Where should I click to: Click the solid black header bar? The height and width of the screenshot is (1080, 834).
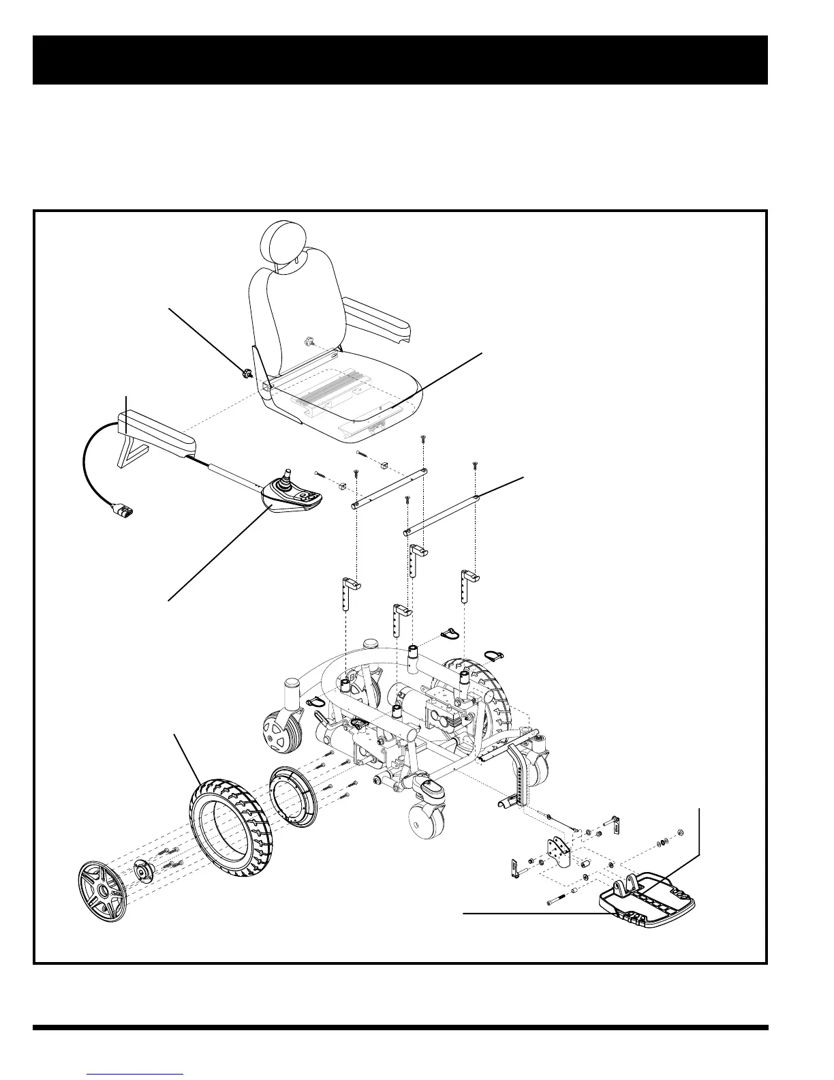[x=400, y=60]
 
